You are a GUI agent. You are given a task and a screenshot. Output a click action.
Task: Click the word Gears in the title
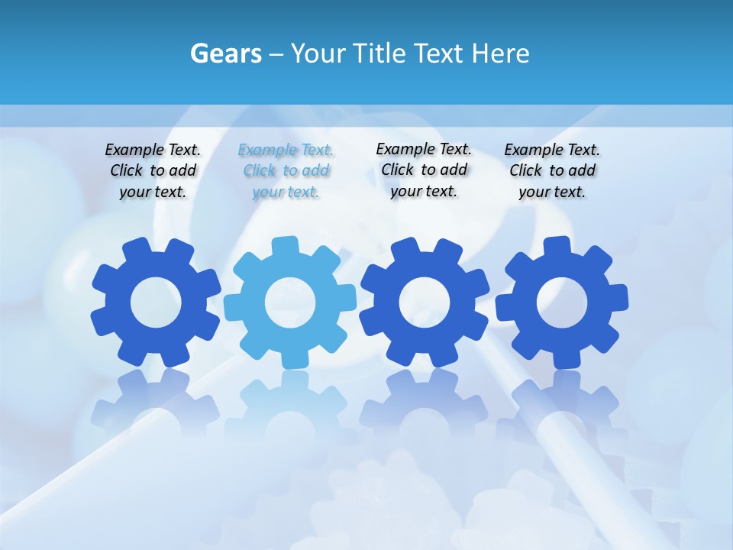coord(226,54)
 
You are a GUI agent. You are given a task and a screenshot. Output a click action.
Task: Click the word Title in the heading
coord(379,54)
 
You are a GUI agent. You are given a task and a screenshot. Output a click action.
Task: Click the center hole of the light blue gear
coord(290,302)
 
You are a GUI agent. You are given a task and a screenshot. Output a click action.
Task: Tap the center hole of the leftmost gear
coord(156,302)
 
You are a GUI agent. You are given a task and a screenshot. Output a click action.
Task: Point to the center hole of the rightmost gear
coord(562,302)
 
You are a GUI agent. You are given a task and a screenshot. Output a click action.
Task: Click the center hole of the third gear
coord(425,302)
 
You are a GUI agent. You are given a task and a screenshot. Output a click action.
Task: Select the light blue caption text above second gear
coord(286,171)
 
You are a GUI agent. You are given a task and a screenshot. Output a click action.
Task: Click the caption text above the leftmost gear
coord(153,171)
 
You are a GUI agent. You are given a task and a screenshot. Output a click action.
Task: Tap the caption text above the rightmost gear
coord(552,171)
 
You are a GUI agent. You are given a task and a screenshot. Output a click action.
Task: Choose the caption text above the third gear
coord(424,170)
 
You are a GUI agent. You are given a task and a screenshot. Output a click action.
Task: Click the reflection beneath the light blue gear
coord(290,401)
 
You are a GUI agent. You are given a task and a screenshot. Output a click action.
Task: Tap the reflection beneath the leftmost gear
coord(156,401)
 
